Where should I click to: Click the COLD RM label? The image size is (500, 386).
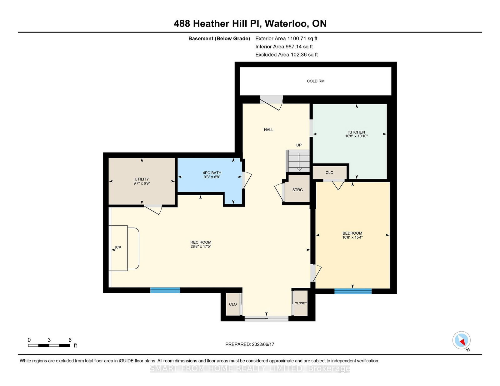pyautogui.click(x=315, y=81)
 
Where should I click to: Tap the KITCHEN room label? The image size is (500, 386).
pyautogui.click(x=357, y=132)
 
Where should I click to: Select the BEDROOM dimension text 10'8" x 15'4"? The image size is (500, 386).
pyautogui.click(x=352, y=237)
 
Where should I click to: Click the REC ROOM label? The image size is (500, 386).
pyautogui.click(x=201, y=242)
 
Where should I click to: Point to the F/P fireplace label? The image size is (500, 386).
pyautogui.click(x=118, y=247)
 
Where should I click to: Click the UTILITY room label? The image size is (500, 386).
pyautogui.click(x=142, y=179)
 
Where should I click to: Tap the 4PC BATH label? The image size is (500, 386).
pyautogui.click(x=212, y=173)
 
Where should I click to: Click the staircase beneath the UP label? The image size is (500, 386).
pyautogui.click(x=298, y=161)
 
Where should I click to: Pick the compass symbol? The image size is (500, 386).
pyautogui.click(x=461, y=340)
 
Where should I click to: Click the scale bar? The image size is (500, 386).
pyautogui.click(x=49, y=345)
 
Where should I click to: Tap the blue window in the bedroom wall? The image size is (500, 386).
pyautogui.click(x=353, y=291)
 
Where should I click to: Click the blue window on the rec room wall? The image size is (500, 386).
pyautogui.click(x=165, y=290)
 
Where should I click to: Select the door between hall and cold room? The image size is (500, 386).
pyautogui.click(x=272, y=102)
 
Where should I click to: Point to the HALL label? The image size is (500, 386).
pyautogui.click(x=268, y=130)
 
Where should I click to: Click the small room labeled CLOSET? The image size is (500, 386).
pyautogui.click(x=301, y=303)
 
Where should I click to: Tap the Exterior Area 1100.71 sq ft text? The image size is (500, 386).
pyautogui.click(x=286, y=39)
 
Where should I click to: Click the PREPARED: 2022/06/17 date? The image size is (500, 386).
pyautogui.click(x=250, y=344)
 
